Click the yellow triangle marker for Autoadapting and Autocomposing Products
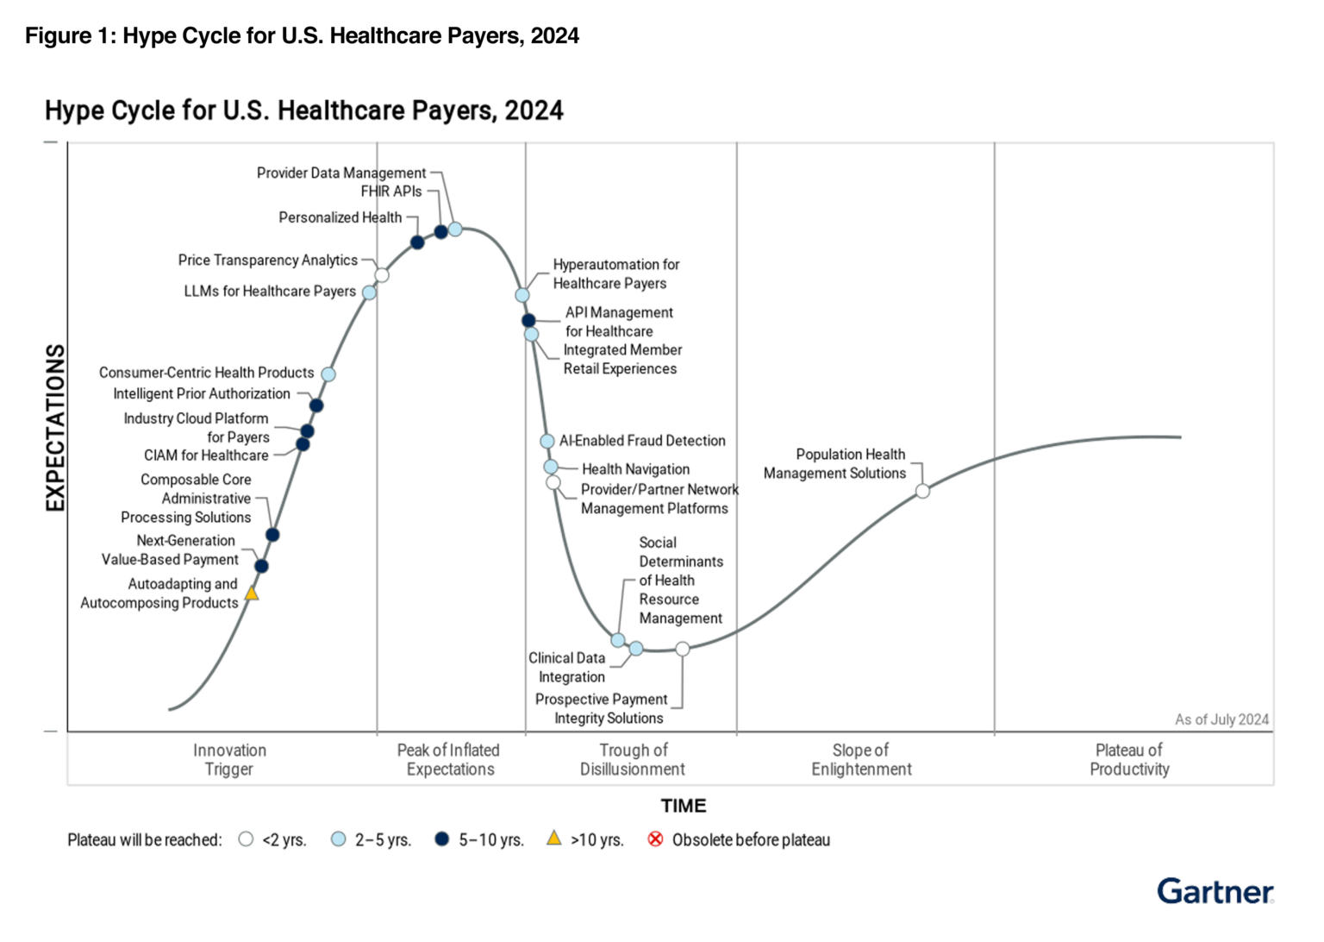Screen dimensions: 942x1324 pyautogui.click(x=252, y=593)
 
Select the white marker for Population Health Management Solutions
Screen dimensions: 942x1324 pyautogui.click(x=922, y=491)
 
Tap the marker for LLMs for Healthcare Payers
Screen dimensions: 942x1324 pyautogui.click(x=369, y=292)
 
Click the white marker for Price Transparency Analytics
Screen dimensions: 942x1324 pyautogui.click(x=382, y=275)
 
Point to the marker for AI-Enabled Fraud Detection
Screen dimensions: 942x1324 pyautogui.click(x=547, y=441)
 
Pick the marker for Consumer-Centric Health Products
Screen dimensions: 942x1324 pyautogui.click(x=328, y=374)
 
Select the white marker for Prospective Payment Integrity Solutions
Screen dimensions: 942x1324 pyautogui.click(x=683, y=649)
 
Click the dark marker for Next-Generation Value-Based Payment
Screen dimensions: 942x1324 pyautogui.click(x=261, y=566)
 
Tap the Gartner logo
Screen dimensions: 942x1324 pyautogui.click(x=1215, y=891)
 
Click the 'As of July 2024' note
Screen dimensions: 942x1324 pyautogui.click(x=1221, y=719)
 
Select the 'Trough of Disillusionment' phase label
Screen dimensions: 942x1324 pyautogui.click(x=632, y=760)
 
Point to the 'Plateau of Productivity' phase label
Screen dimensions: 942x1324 pyautogui.click(x=1129, y=760)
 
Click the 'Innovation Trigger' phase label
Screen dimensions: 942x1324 pyautogui.click(x=229, y=760)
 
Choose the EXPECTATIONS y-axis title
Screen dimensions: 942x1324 pyautogui.click(x=55, y=428)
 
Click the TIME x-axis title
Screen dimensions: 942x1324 pyautogui.click(x=684, y=806)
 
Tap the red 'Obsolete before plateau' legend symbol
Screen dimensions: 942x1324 pyautogui.click(x=656, y=839)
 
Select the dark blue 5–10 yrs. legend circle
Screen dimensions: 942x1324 pyautogui.click(x=442, y=839)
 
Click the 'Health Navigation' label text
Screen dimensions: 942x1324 pyautogui.click(x=635, y=469)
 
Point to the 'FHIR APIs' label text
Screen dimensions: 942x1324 pyautogui.click(x=390, y=192)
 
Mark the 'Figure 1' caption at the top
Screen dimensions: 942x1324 pyautogui.click(x=302, y=35)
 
